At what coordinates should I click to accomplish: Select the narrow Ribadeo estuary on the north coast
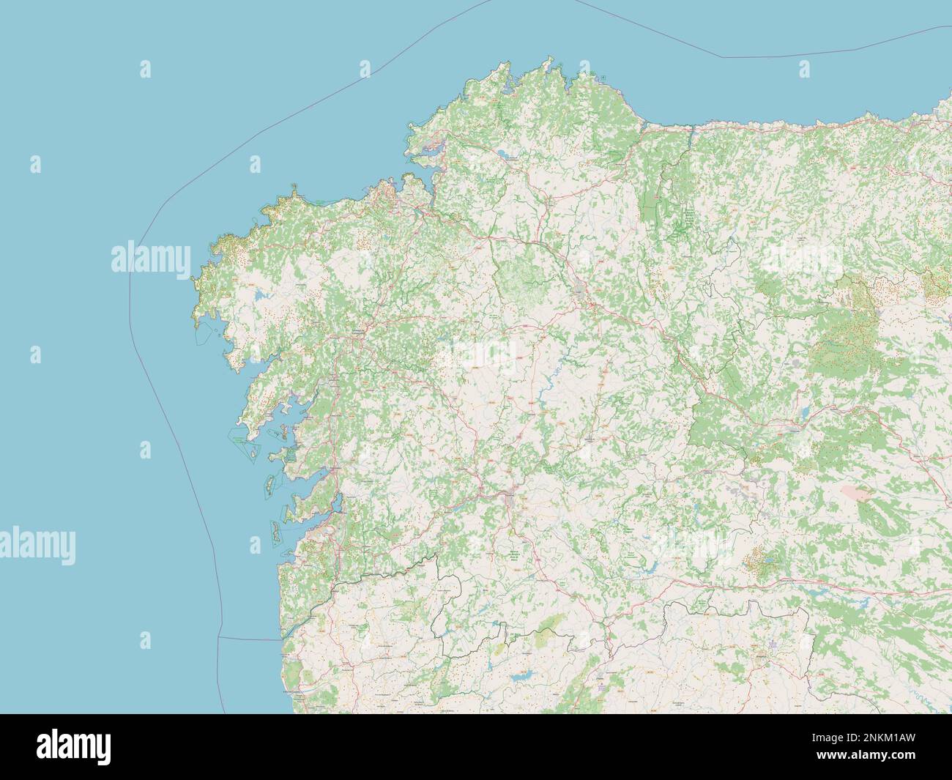click(x=690, y=132)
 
